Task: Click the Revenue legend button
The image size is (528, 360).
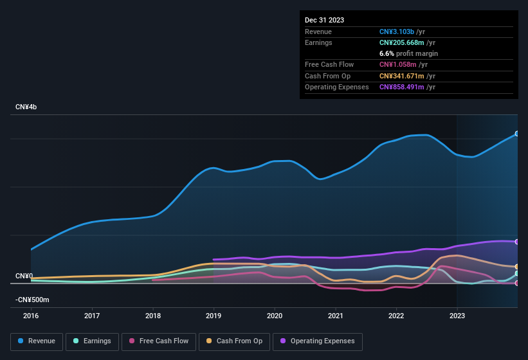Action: click(x=37, y=341)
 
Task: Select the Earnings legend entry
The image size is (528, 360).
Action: click(x=92, y=341)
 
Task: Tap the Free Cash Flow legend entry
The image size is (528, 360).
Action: click(x=159, y=341)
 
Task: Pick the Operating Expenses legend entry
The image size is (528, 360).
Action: click(x=318, y=341)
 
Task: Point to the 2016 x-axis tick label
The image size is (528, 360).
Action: click(x=31, y=316)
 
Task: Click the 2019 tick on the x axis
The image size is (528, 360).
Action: click(x=214, y=316)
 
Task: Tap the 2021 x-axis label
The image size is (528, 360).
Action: click(x=335, y=316)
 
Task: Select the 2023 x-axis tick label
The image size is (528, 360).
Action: click(x=457, y=316)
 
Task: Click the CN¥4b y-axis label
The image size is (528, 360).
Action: click(x=26, y=107)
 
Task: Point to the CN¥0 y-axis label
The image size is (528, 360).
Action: click(x=24, y=276)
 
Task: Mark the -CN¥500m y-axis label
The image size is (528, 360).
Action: click(x=33, y=300)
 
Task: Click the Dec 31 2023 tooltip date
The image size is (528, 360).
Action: click(x=324, y=20)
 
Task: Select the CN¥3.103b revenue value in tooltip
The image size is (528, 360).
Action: click(x=397, y=32)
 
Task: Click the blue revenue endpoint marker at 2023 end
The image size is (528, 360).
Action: click(x=517, y=134)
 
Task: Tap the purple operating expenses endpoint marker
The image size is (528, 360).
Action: click(x=517, y=242)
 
